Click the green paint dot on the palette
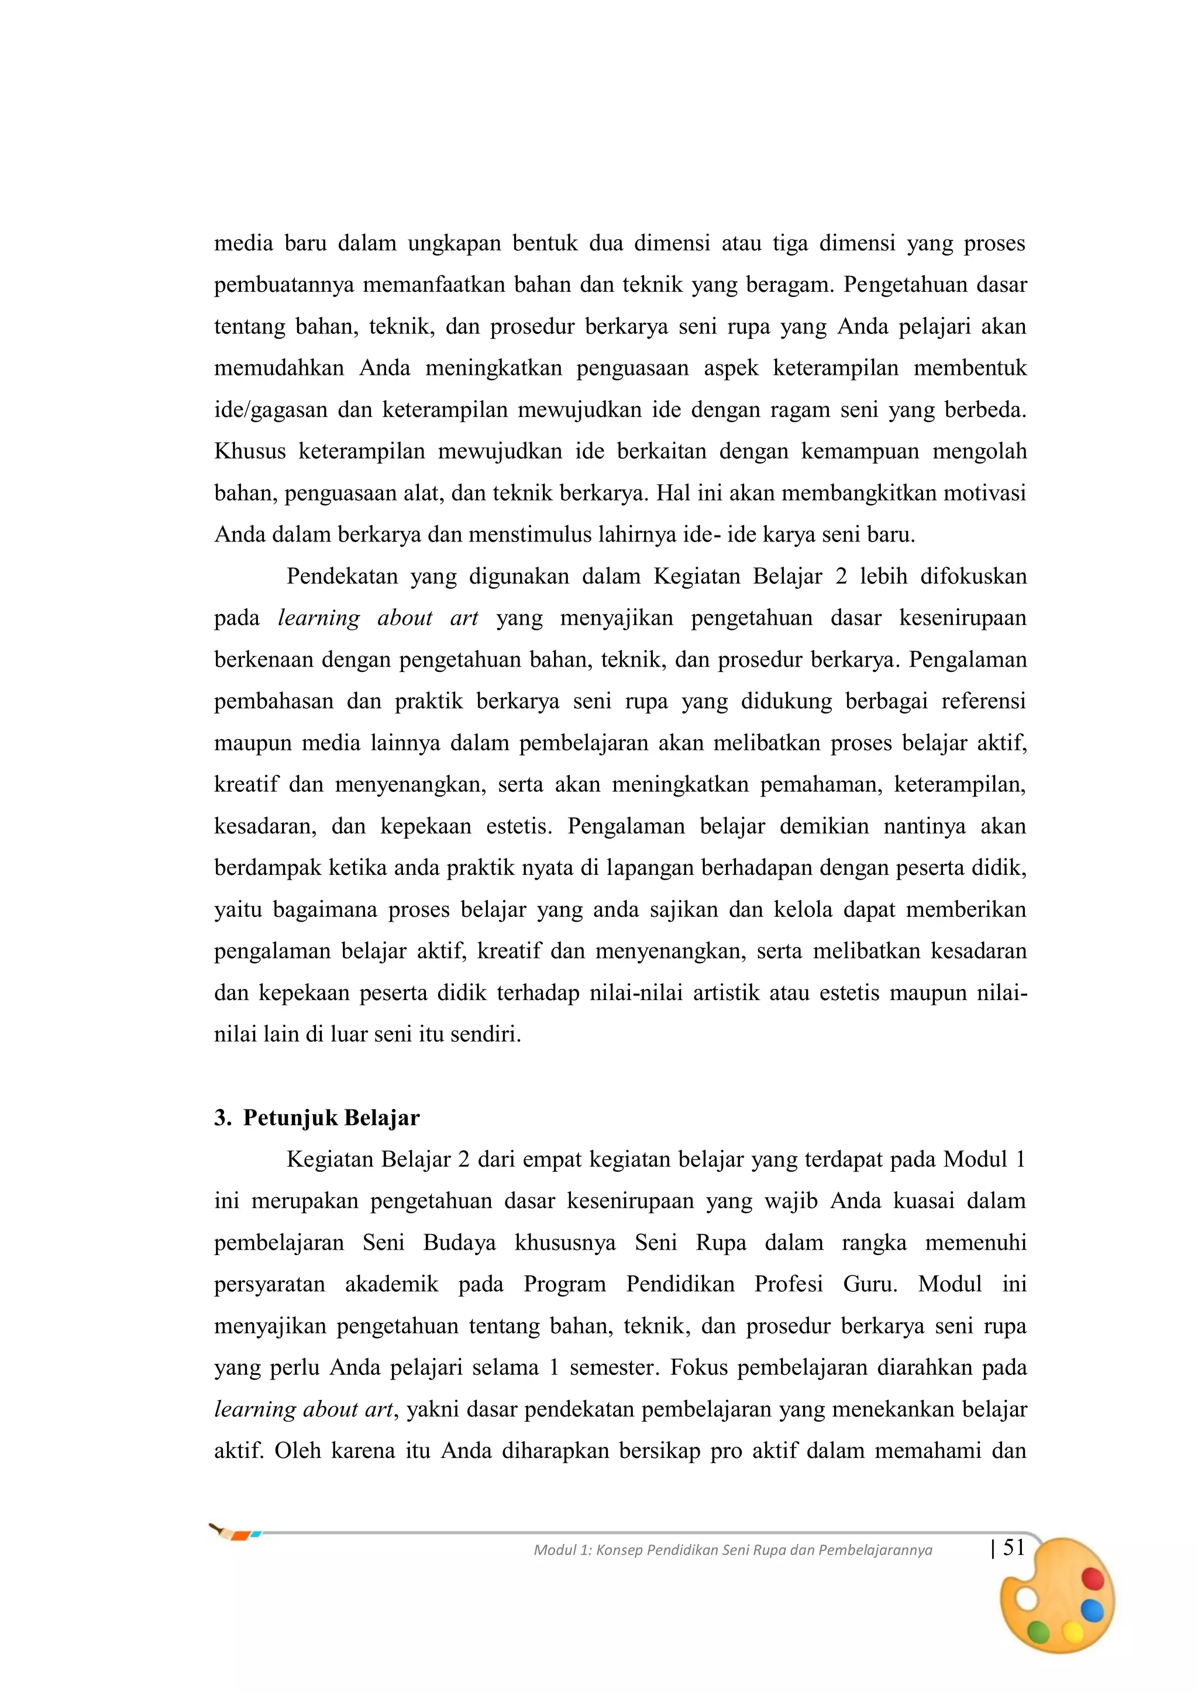point(1039,1633)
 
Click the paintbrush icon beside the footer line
point(234,1533)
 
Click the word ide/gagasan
point(271,411)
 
